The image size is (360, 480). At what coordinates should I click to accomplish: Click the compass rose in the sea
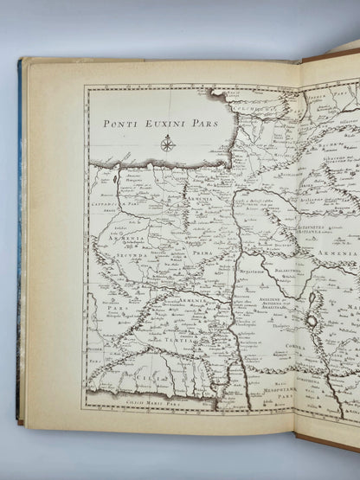point(167,143)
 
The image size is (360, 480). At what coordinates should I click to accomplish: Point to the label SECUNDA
point(126,257)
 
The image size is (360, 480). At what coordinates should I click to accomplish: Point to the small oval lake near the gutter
point(311,320)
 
